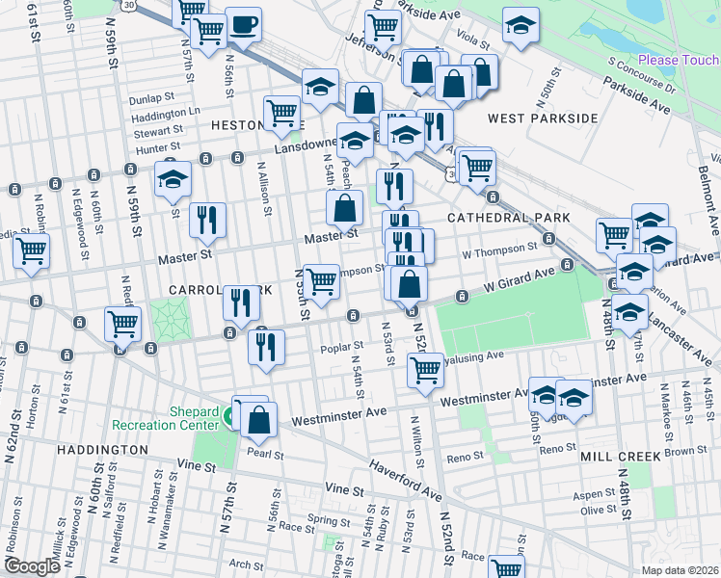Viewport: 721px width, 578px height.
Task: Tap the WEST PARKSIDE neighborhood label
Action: (543, 118)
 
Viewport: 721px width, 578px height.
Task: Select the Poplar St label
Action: (344, 345)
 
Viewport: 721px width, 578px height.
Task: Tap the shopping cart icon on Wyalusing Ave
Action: (424, 368)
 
